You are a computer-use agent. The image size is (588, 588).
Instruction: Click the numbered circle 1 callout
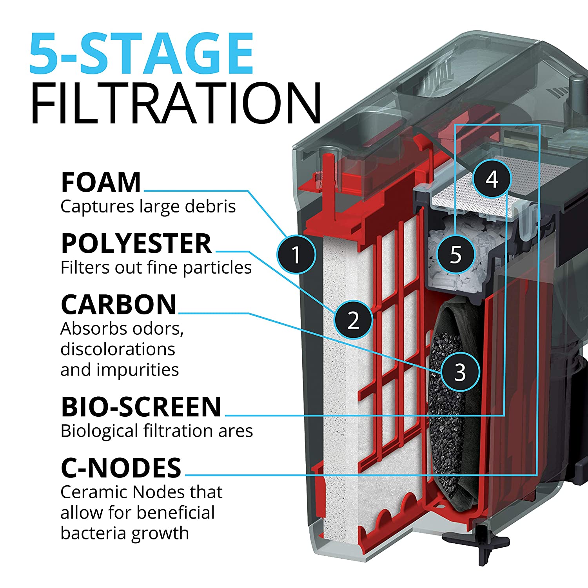click(296, 254)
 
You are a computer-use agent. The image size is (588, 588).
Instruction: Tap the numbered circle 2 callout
click(353, 320)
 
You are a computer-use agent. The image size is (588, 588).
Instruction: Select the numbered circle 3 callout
click(460, 372)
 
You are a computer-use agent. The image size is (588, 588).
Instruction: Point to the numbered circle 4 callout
click(492, 179)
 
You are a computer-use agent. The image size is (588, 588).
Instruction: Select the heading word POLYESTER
click(136, 243)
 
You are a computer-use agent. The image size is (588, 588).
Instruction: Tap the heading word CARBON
click(119, 305)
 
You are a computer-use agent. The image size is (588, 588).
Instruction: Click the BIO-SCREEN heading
click(141, 407)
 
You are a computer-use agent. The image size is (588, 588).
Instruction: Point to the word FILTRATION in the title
click(176, 103)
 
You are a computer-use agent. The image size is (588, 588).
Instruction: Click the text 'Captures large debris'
click(148, 206)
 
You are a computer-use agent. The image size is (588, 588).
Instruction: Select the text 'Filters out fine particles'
click(156, 268)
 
